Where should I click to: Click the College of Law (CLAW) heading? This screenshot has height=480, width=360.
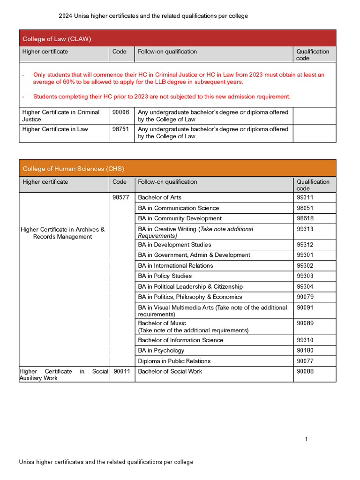coord(57,38)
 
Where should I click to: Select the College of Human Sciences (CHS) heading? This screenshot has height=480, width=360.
coord(73,169)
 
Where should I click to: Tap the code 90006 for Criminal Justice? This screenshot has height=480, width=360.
coord(120,112)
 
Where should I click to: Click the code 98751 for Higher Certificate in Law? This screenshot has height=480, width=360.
coord(120,129)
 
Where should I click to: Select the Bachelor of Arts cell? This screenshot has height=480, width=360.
coord(159,198)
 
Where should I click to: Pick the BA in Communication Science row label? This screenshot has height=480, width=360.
coord(178,208)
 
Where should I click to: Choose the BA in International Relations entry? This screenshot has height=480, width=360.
coord(175,266)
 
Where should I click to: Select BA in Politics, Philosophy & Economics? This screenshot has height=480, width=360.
coord(190,297)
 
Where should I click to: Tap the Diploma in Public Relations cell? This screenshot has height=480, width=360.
coord(174,361)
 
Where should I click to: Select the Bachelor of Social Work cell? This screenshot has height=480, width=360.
coord(170,371)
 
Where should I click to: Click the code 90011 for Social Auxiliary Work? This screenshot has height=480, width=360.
coord(122,371)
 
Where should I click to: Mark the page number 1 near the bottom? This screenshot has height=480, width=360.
coord(306,439)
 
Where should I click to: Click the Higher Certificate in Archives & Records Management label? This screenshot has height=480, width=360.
coord(63,233)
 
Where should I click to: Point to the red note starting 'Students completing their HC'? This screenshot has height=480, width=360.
coord(162,97)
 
